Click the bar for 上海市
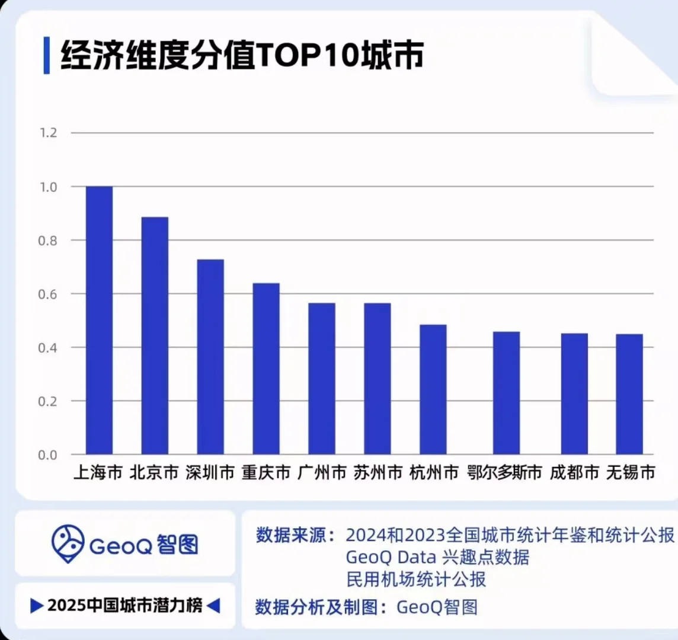pyautogui.click(x=99, y=320)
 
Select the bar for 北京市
pyautogui.click(x=155, y=335)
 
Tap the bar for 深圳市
pyautogui.click(x=210, y=357)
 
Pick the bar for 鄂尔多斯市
pyautogui.click(x=506, y=393)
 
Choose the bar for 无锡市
pyautogui.click(x=629, y=394)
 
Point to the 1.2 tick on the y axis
pyautogui.click(x=48, y=133)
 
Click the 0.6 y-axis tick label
pyautogui.click(x=48, y=294)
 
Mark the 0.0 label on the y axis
pyautogui.click(x=48, y=455)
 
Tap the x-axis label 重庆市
pyautogui.click(x=266, y=472)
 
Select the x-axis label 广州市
pyautogui.click(x=322, y=472)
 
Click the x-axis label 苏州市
pyautogui.click(x=378, y=472)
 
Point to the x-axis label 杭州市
pyautogui.click(x=434, y=472)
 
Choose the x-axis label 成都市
pyautogui.click(x=574, y=472)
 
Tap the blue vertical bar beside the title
pyautogui.click(x=47, y=56)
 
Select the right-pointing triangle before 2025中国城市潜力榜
pyautogui.click(x=37, y=606)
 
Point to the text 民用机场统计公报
pyautogui.click(x=416, y=579)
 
